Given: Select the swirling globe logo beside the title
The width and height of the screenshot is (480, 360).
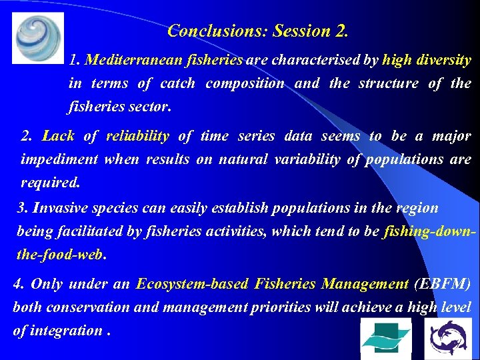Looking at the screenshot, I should tap(38, 37).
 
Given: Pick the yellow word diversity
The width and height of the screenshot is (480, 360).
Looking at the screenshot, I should tap(444, 60).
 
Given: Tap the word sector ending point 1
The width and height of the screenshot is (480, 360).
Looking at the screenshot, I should tap(152, 107).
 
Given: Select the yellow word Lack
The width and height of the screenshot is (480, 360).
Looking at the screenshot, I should tap(58, 136).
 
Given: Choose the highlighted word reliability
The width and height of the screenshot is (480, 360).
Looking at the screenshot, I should tap(137, 136).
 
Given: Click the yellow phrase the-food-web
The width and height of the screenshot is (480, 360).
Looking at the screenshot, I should tap(61, 255).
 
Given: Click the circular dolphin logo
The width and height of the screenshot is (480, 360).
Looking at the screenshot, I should tap(447, 338).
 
